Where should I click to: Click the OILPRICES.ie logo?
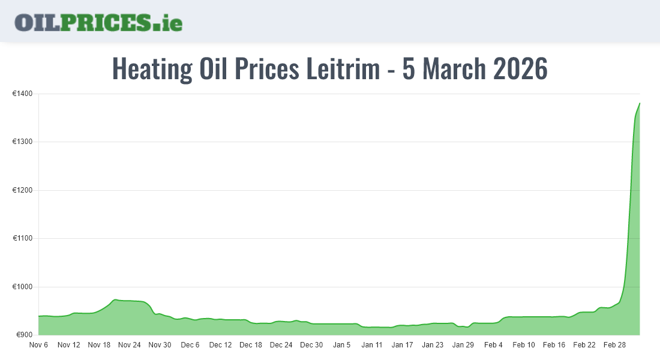(x=98, y=22)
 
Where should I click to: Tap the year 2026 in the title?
(x=520, y=69)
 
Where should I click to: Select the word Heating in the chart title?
(x=152, y=69)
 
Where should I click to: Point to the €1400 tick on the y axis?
(x=23, y=94)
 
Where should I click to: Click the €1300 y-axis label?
(x=23, y=142)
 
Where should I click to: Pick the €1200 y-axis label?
(x=23, y=190)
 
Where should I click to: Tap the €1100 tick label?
(x=23, y=239)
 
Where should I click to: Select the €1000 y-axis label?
(x=23, y=287)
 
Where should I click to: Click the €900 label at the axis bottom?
(x=25, y=335)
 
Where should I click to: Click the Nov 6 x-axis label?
(x=38, y=345)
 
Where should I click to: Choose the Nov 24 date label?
(x=130, y=345)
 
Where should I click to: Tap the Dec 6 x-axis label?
(x=190, y=345)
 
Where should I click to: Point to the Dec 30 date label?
(x=311, y=345)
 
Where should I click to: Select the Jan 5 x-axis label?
(x=342, y=345)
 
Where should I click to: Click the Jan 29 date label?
(x=463, y=345)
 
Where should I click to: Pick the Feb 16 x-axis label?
(x=554, y=345)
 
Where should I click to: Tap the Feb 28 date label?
(x=614, y=345)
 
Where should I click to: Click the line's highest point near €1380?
(x=640, y=103)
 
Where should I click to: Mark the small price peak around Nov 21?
(x=115, y=299)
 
